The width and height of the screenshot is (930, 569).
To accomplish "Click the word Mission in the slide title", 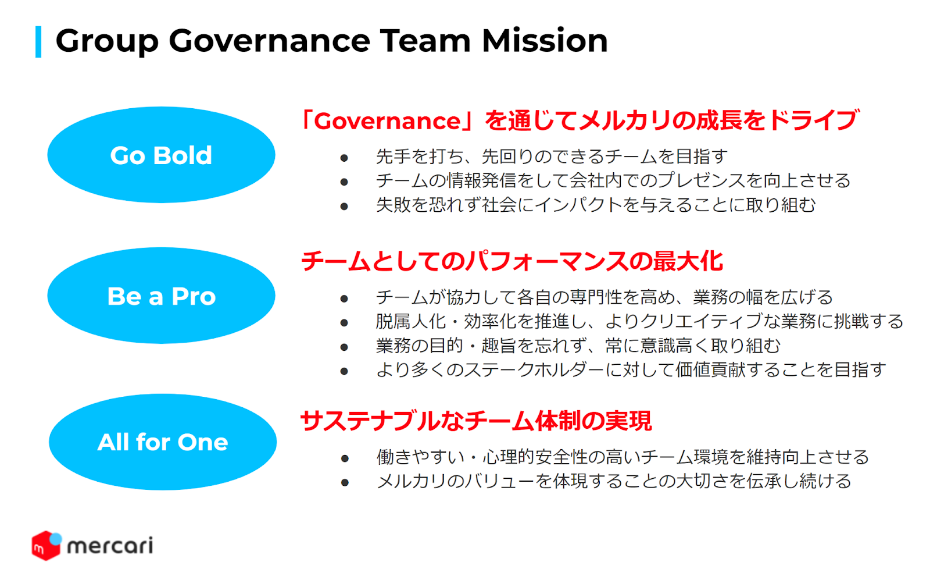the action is coord(544,41).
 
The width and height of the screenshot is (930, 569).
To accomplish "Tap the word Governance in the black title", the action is coord(270,41).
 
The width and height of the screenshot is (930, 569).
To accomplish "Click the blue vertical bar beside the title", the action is coord(38,41).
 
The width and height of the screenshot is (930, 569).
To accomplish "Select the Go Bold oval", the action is coord(161,155).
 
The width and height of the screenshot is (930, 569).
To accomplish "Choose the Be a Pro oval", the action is coord(161,296).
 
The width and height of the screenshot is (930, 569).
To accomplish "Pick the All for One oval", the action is coord(163,442).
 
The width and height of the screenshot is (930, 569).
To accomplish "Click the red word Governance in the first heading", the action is coord(387,122).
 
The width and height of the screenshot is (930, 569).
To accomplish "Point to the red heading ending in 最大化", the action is coord(512,262).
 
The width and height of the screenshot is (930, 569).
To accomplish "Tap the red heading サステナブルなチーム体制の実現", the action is coord(476,421).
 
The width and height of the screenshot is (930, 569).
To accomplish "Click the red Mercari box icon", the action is coord(46,545).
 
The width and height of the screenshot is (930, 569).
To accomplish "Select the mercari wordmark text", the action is coord(110,546).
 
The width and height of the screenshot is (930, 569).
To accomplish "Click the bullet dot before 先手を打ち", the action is coord(344,158).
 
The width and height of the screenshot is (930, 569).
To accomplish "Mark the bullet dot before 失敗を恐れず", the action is coord(344,206).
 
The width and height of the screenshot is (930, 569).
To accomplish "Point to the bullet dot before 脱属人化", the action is coord(344,322).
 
